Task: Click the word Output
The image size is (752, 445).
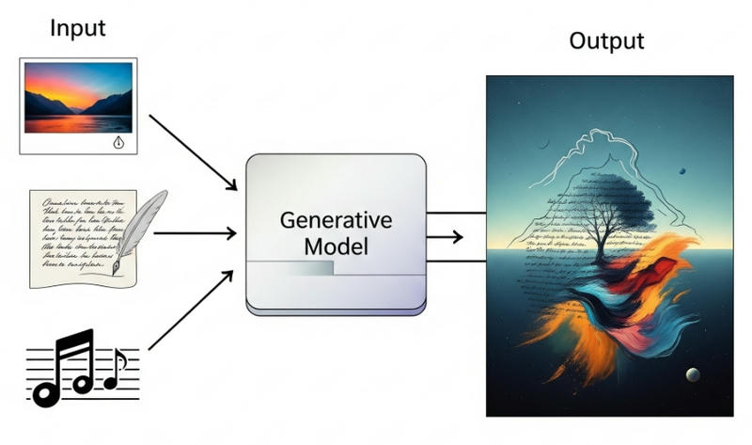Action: [x=607, y=40]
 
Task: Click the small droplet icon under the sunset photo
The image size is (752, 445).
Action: [x=117, y=142]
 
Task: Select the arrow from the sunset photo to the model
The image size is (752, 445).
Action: [x=192, y=151]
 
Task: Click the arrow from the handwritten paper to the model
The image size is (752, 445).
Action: [x=193, y=231]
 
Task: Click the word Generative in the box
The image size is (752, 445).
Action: [x=335, y=222]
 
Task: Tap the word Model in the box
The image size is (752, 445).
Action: [x=335, y=248]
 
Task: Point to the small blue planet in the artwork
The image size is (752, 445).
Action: [x=682, y=171]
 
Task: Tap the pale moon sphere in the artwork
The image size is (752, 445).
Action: [x=693, y=374]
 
